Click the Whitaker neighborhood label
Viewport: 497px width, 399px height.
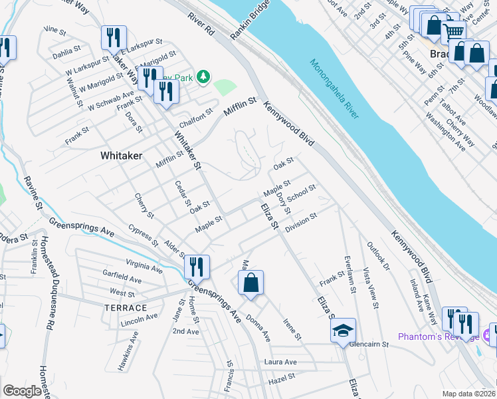coord(121,155)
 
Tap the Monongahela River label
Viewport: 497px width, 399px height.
coord(334,88)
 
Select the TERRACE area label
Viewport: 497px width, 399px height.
coord(125,308)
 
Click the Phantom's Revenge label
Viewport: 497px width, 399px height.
coord(438,336)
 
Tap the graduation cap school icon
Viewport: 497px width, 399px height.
coord(343,331)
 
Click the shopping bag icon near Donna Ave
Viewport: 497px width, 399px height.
coord(251,283)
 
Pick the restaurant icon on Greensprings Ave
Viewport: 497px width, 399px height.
coord(197,268)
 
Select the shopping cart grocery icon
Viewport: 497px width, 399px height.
coord(454,31)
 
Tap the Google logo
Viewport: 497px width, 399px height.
coord(22,391)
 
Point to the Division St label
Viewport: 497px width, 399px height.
coord(302,223)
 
